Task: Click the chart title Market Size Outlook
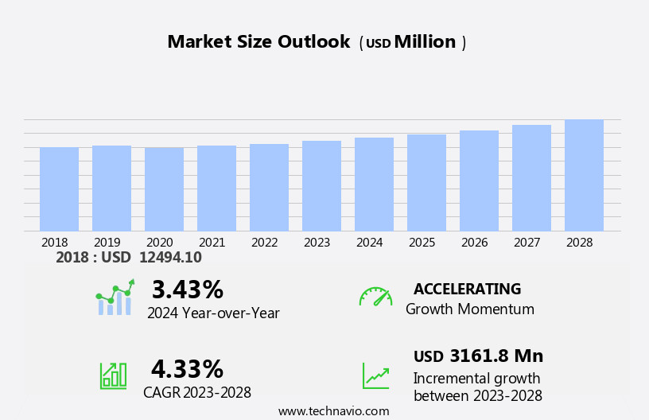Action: [258, 42]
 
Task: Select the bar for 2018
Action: [59, 189]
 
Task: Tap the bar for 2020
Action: [164, 189]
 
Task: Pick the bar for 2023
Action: [321, 186]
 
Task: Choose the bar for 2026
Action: [479, 181]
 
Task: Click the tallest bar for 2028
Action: [584, 175]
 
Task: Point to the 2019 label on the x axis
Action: [107, 242]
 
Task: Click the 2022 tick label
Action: [265, 242]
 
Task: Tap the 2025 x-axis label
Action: [422, 242]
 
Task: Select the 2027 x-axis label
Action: [527, 242]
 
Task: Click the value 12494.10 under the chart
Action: [170, 258]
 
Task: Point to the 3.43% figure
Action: [187, 290]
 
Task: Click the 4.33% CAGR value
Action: [187, 369]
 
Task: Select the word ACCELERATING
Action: [467, 290]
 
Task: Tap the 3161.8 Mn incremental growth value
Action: [496, 356]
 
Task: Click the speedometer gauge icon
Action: [375, 297]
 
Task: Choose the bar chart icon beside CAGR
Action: [113, 375]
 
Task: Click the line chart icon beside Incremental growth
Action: [375, 375]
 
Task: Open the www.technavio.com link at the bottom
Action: [333, 411]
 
